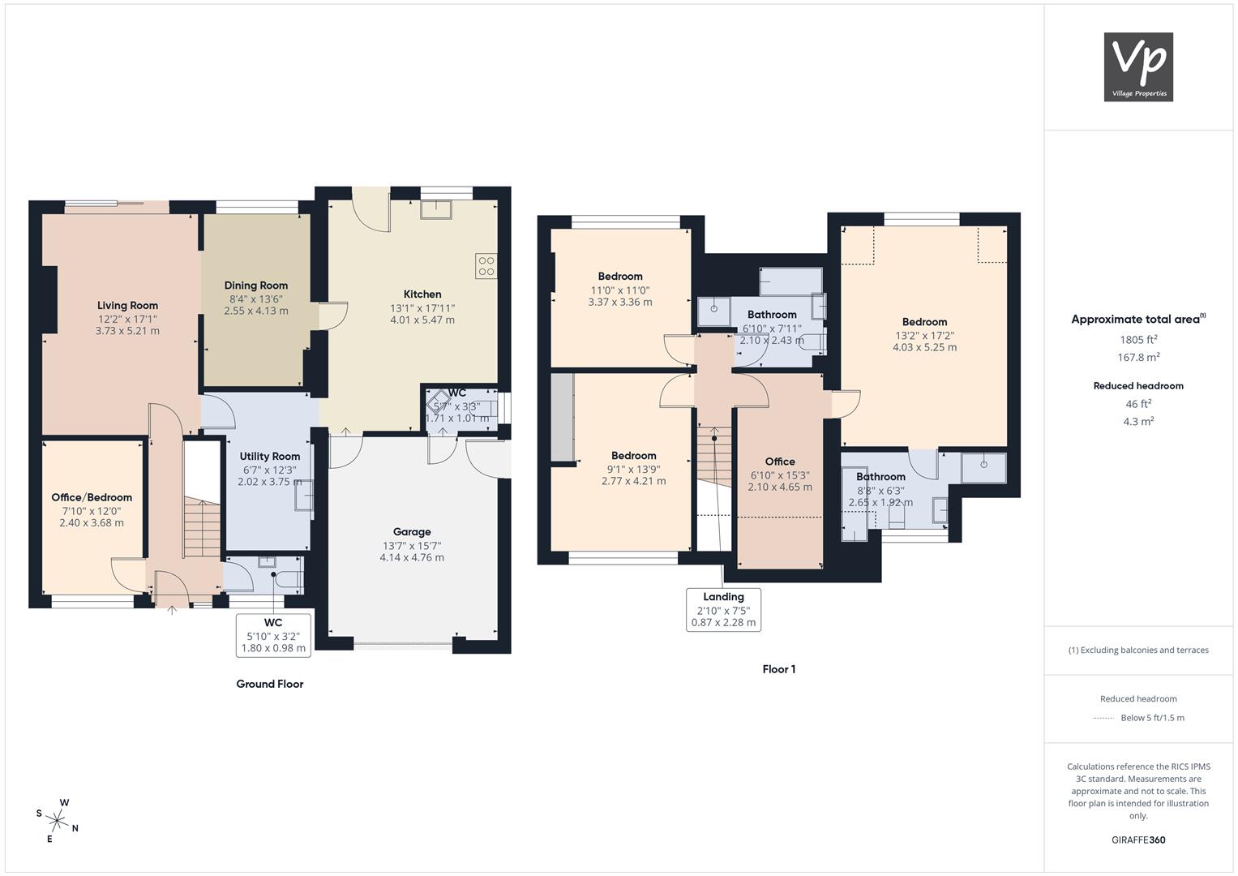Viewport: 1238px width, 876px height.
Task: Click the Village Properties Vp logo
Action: point(1138,67)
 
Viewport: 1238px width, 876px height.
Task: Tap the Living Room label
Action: point(127,305)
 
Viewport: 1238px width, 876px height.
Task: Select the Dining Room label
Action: point(256,286)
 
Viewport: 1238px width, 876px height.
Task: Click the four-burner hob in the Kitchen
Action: point(486,265)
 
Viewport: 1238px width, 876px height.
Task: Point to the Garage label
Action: point(412,532)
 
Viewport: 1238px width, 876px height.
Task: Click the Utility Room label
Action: point(270,456)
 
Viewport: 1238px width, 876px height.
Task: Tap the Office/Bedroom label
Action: point(92,497)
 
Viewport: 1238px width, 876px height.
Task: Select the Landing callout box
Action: point(723,609)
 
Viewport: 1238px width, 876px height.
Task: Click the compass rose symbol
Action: point(58,821)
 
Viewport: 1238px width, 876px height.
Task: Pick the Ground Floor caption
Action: point(270,684)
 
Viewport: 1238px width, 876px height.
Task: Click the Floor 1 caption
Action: point(779,669)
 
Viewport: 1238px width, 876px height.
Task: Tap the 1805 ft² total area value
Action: point(1138,340)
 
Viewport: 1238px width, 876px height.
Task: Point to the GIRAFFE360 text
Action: point(1138,840)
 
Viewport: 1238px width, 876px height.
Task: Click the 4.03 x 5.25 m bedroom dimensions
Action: point(924,347)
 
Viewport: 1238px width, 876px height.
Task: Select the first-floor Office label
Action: point(780,462)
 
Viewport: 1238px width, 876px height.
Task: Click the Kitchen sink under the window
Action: point(436,209)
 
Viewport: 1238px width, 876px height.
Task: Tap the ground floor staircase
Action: point(203,527)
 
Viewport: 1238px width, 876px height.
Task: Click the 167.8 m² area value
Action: point(1138,357)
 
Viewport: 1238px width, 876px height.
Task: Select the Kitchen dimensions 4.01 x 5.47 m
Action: point(422,320)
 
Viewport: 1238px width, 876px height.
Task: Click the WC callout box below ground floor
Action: point(273,635)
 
